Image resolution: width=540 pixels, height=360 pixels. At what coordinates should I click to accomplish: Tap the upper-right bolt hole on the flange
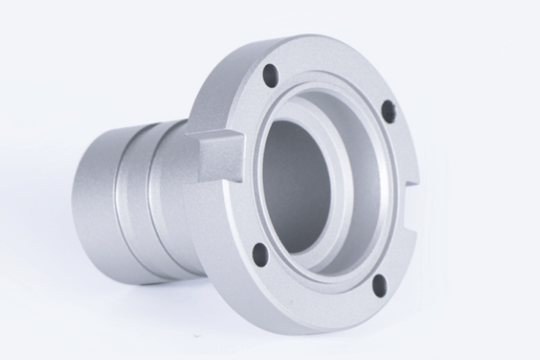pos(388,111)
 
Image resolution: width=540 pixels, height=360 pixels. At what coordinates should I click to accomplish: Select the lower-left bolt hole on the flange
pos(260,255)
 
